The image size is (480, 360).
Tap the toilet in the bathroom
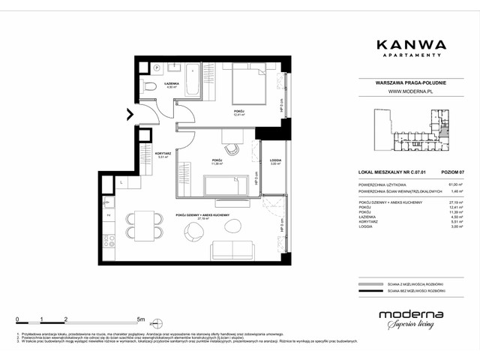151,88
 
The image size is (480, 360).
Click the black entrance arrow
130,114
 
